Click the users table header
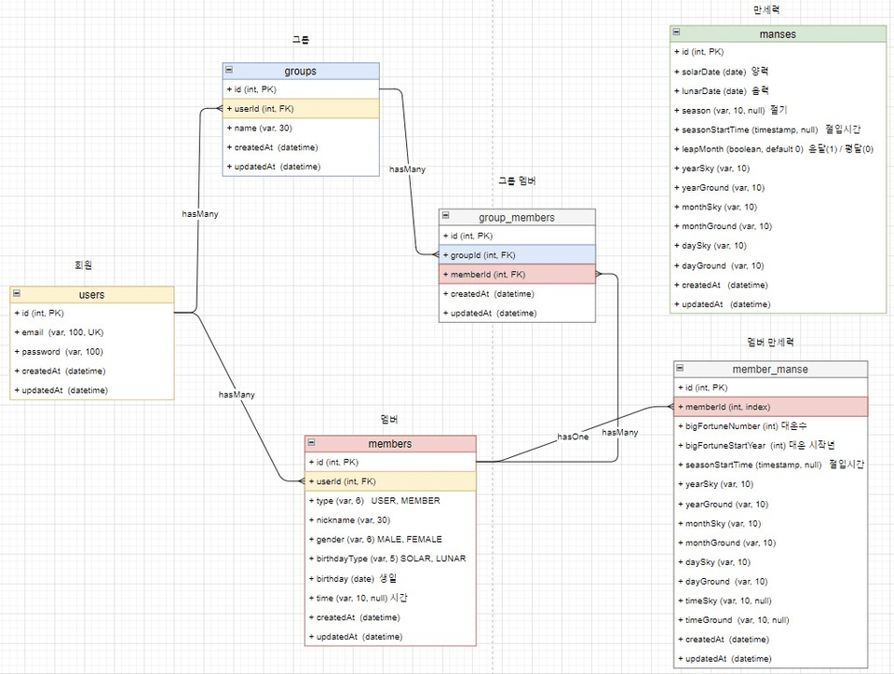click(91, 294)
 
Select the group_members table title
click(516, 217)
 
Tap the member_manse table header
click(770, 369)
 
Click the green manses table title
click(777, 34)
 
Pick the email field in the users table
click(59, 332)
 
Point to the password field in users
click(59, 352)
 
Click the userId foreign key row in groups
click(261, 109)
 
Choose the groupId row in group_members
click(481, 255)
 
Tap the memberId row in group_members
click(486, 274)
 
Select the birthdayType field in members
click(386, 559)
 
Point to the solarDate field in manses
click(722, 71)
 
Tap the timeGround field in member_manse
click(736, 619)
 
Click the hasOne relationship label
click(573, 436)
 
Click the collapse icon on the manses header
click(677, 34)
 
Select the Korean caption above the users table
click(83, 265)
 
